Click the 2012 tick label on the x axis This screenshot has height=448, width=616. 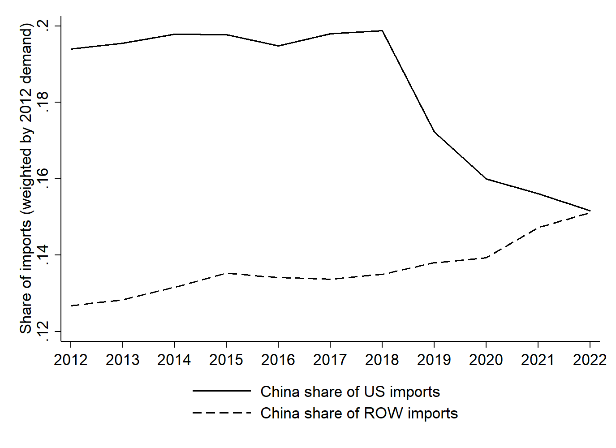pos(70,360)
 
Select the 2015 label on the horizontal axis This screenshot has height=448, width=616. pos(226,360)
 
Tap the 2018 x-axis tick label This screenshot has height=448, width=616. pos(382,360)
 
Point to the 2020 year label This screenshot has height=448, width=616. pos(486,360)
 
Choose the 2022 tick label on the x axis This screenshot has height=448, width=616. pos(590,360)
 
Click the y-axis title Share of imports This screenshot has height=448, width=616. pos(26,179)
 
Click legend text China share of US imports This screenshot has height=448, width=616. pos(350,392)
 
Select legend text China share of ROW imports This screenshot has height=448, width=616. pos(359,413)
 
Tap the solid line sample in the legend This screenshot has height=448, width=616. pos(222,391)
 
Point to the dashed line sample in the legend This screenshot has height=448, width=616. pos(222,413)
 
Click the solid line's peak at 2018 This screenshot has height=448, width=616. pos(382,31)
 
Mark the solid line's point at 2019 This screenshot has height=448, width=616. pos(434,131)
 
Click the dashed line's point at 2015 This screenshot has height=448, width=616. pos(226,273)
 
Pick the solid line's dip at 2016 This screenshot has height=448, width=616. pos(278,46)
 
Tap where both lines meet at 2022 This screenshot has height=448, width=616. pos(590,211)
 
